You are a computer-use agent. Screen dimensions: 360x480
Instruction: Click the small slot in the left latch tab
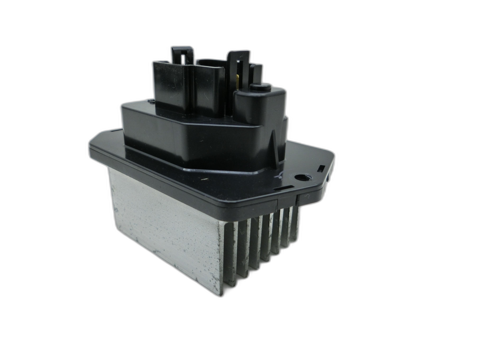coord(183,59)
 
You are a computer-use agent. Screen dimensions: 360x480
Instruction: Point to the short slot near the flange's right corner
coord(321,168)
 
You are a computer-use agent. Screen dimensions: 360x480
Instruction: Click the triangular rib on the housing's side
coord(275,150)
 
